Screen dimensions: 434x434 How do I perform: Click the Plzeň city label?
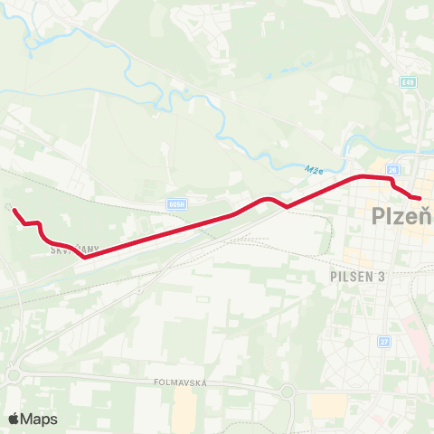coord(403,217)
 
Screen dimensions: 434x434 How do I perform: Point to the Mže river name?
coord(314,169)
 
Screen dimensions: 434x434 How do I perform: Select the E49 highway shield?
coord(409,82)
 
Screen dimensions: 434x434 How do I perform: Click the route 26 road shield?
coord(392,169)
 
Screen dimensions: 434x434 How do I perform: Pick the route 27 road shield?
coord(384,342)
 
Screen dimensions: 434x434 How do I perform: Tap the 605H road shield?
coord(176,205)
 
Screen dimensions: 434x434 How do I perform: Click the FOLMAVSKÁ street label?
coord(180,383)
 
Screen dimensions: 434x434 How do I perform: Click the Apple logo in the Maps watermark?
coord(14,419)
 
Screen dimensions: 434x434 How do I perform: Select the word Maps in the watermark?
coord(39,419)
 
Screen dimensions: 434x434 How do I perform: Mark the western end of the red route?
coord(14,210)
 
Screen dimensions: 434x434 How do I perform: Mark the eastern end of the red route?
coord(419,197)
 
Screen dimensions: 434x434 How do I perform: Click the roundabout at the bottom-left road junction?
coord(14,374)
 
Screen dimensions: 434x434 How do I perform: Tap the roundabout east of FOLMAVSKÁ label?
coord(288,392)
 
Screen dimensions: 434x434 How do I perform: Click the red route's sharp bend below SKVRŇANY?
coord(85,257)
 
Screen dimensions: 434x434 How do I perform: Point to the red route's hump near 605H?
coord(268,198)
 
